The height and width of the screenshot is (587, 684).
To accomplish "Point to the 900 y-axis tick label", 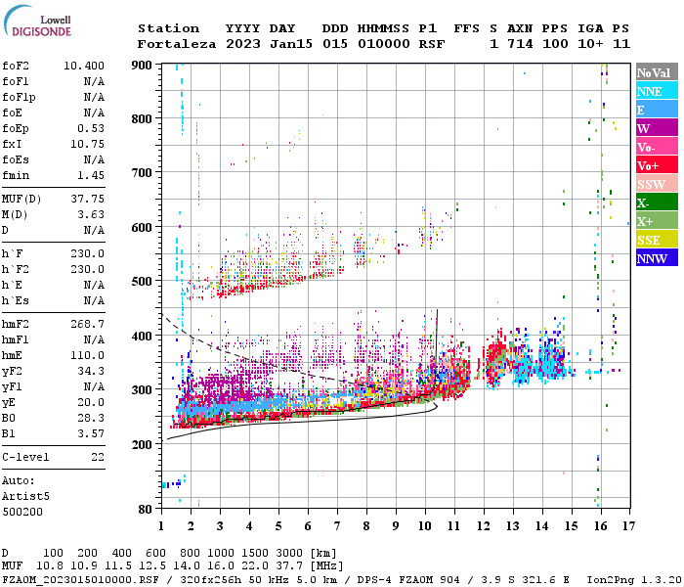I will click(143, 65).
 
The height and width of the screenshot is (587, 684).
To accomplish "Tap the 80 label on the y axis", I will click(146, 509).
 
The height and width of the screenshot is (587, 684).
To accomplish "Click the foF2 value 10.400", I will click(84, 66).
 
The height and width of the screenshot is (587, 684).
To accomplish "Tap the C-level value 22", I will click(98, 457).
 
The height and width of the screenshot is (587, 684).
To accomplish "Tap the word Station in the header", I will click(168, 28).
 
